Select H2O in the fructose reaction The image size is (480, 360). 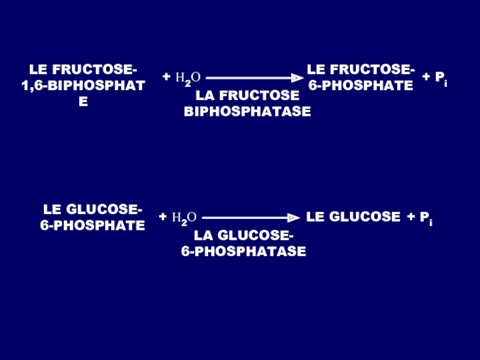click(x=188, y=78)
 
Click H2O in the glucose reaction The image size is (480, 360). click(x=184, y=218)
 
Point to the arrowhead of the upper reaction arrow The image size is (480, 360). click(x=296, y=78)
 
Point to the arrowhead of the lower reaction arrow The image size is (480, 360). click(x=293, y=218)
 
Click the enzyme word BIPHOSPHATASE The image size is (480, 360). click(x=247, y=112)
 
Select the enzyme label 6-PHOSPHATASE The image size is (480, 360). click(x=244, y=251)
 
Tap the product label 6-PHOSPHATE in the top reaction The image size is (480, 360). click(x=361, y=86)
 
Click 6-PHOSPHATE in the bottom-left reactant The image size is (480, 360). click(x=92, y=226)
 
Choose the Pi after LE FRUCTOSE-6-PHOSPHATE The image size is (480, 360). click(x=441, y=77)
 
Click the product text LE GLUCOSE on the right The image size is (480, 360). click(x=353, y=217)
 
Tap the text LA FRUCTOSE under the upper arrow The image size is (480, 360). click(x=247, y=95)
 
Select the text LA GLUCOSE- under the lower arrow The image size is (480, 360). click(x=244, y=235)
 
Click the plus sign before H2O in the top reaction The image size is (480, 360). click(x=166, y=77)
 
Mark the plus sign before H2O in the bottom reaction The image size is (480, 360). click(x=163, y=217)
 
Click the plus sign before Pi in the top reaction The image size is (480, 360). click(x=426, y=77)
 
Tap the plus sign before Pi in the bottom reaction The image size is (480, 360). click(x=411, y=217)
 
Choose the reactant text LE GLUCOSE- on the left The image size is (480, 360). click(x=92, y=210)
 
